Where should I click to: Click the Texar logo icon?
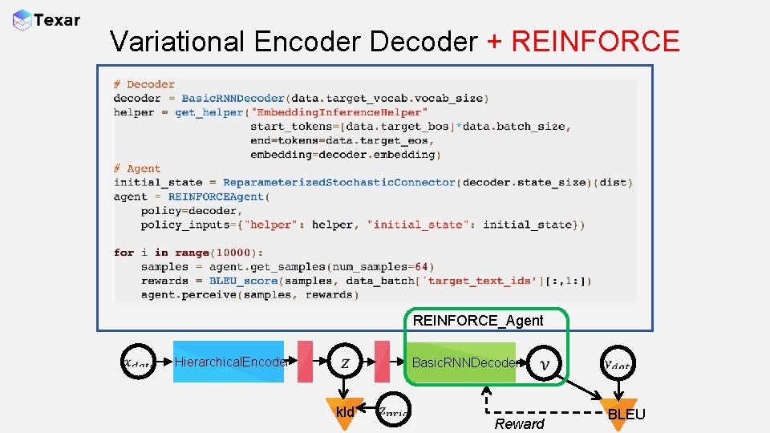click(x=22, y=20)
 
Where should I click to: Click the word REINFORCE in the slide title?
click(x=595, y=41)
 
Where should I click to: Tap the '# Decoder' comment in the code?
click(x=144, y=84)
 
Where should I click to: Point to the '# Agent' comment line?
click(x=137, y=168)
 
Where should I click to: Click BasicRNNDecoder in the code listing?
click(x=233, y=99)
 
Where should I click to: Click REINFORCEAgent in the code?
click(x=216, y=196)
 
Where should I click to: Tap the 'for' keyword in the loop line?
click(x=124, y=253)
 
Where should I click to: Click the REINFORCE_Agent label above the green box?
click(x=478, y=321)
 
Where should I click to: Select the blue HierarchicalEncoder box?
click(x=229, y=362)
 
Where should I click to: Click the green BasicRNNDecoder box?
click(x=461, y=362)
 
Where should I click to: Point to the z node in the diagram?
click(x=345, y=362)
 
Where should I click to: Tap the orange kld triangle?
click(x=345, y=412)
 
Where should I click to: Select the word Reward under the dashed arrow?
click(x=519, y=423)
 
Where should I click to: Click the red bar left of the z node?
click(x=305, y=362)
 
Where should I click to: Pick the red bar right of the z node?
click(x=382, y=362)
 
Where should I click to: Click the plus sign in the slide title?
click(x=494, y=42)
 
